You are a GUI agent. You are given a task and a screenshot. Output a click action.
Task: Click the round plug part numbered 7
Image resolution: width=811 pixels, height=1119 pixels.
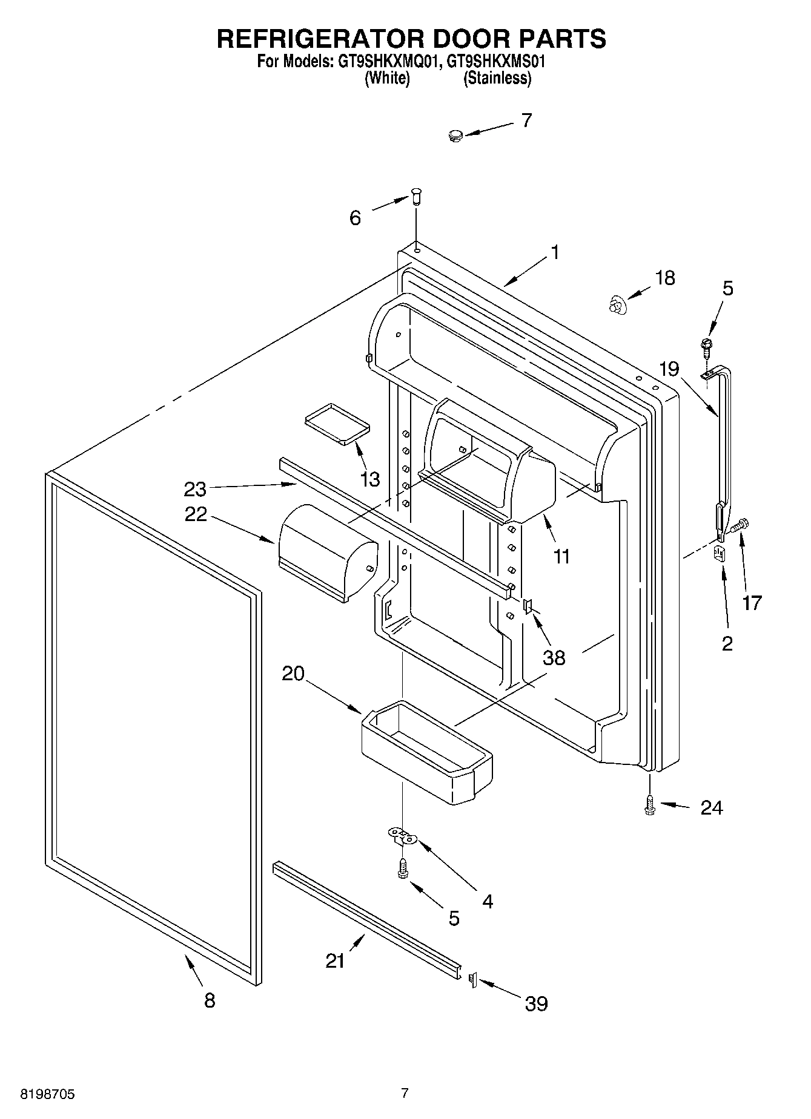455,136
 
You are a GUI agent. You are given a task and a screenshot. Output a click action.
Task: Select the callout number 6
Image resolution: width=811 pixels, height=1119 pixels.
356,218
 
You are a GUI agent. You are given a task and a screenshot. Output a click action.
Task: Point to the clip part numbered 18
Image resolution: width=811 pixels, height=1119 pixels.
615,304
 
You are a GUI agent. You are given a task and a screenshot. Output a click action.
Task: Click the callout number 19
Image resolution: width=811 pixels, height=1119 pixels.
669,369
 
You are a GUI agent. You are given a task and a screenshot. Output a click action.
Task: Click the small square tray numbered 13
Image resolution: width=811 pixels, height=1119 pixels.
337,421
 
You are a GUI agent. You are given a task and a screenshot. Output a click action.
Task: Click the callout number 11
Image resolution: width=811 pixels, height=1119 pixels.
562,556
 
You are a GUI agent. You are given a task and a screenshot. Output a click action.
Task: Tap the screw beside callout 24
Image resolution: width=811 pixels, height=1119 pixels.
650,804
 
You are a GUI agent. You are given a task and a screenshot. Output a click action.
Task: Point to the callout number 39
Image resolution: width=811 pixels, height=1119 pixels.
537,1003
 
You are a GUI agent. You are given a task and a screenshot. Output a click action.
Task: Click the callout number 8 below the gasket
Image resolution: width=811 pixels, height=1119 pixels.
210,1000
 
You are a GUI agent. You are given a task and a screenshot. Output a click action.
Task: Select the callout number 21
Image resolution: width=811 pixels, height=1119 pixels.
336,960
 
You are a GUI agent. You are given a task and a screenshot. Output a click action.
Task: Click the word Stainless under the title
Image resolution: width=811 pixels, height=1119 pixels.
497,78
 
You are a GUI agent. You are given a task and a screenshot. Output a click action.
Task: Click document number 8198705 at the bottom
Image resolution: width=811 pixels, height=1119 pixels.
48,1094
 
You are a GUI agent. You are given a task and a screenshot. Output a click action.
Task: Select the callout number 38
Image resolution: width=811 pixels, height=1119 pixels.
554,657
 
